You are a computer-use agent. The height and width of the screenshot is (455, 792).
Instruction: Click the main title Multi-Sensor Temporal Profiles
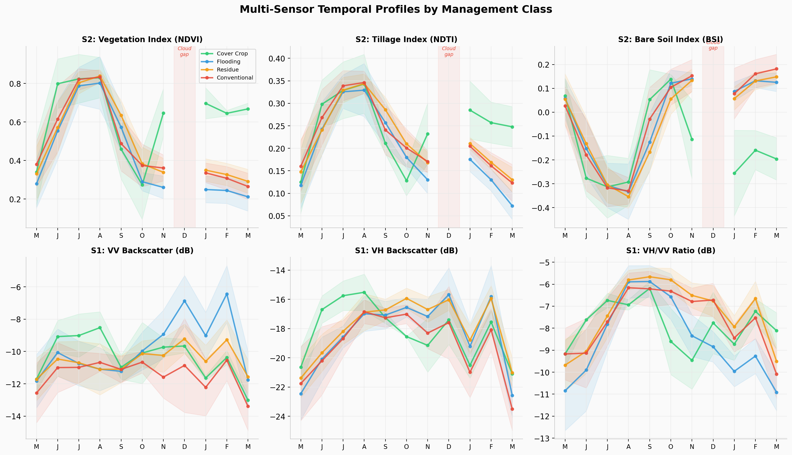395,9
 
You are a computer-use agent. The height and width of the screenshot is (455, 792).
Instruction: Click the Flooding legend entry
228,62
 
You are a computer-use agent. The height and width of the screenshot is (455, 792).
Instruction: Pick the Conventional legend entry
235,78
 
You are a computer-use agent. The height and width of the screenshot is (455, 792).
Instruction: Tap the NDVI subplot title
142,39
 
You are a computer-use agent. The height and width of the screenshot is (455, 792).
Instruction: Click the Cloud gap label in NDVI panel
184,51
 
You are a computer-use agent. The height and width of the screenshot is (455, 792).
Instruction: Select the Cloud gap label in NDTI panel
448,51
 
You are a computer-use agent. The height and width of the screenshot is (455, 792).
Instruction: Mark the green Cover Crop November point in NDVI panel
163,113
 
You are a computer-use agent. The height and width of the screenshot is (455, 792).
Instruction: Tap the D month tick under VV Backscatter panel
184,447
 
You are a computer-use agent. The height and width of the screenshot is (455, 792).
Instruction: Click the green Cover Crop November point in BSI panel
692,139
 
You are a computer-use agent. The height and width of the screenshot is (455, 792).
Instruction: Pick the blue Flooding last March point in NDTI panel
512,206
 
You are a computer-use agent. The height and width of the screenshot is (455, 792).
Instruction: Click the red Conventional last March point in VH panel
512,409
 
